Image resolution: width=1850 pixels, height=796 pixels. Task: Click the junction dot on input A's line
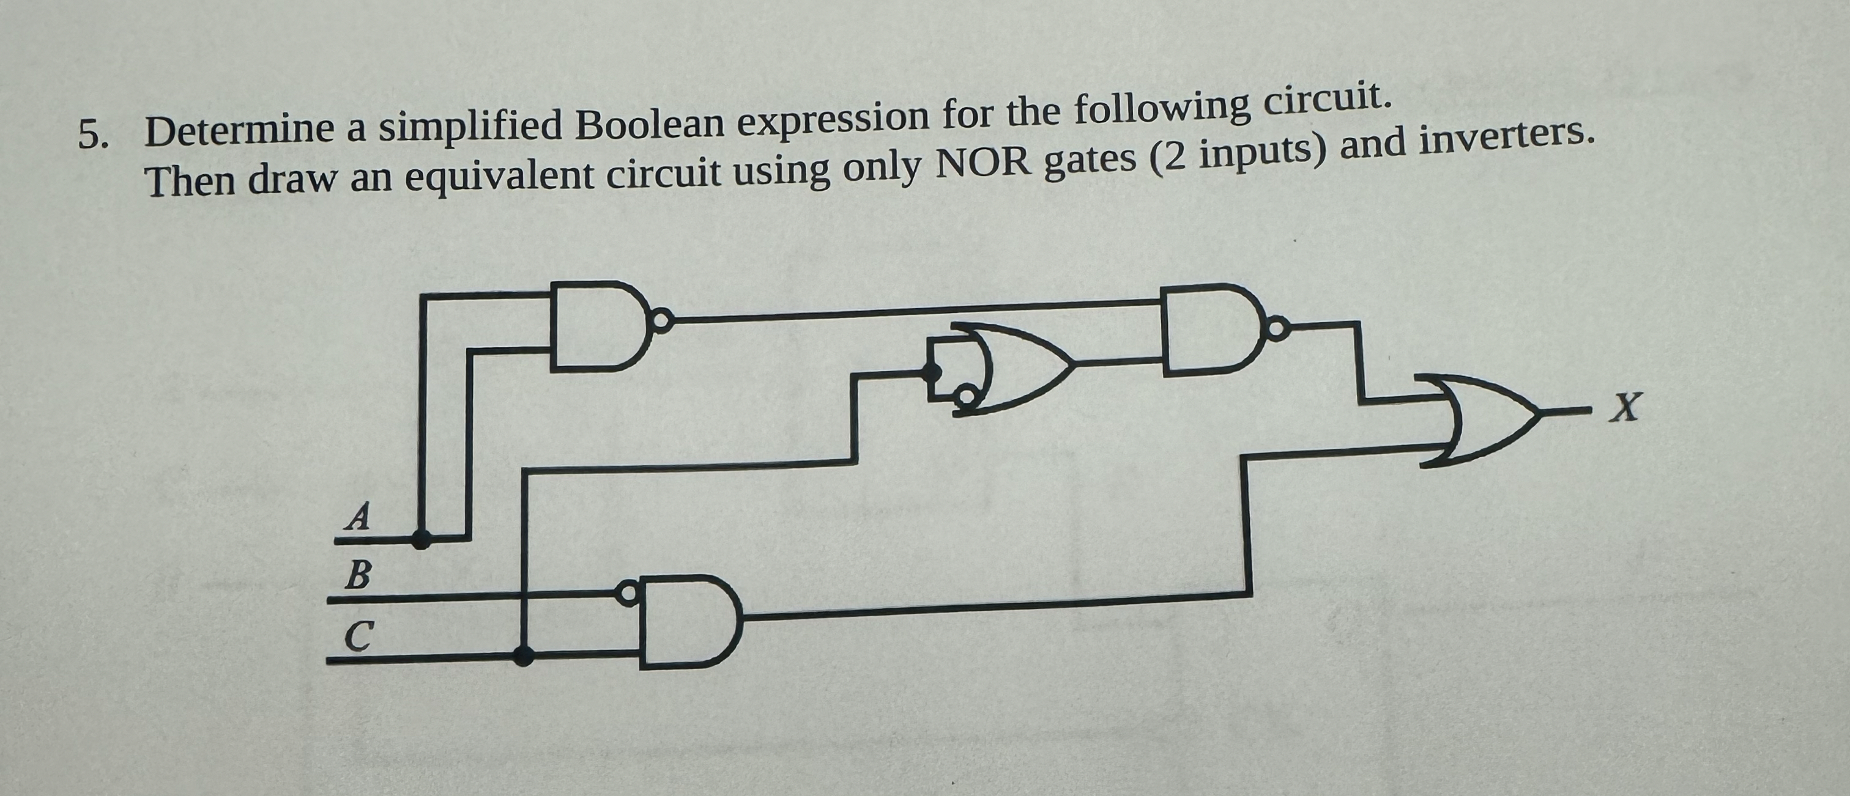point(422,539)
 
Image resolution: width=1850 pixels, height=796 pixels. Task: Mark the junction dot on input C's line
point(525,654)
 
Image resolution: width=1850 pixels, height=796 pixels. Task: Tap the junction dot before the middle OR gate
point(933,371)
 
